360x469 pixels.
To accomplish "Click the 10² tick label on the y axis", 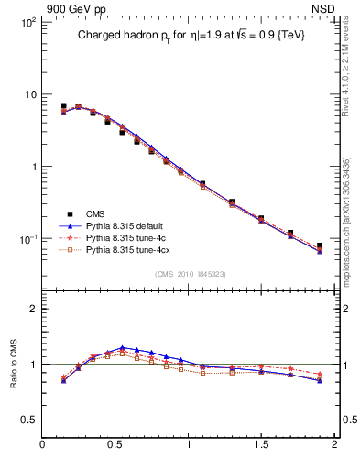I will (x=27, y=22).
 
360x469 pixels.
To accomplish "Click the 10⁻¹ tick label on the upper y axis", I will (x=27, y=239).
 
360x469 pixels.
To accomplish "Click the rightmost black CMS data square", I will (x=320, y=245).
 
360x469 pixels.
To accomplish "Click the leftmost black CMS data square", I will (x=63, y=106).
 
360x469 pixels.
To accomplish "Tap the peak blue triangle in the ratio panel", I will (x=122, y=347).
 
